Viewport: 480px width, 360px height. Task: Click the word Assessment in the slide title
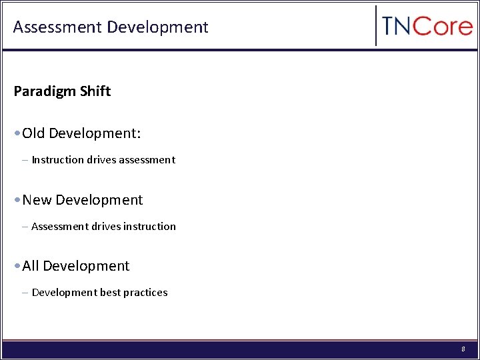pos(57,27)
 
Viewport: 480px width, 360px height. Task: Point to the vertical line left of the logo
pos(376,26)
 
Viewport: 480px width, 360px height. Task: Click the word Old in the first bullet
pos(33,133)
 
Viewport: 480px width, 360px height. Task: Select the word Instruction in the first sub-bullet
pos(58,160)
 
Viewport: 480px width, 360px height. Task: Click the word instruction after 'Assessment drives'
pos(151,227)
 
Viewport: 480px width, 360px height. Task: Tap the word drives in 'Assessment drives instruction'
pos(107,227)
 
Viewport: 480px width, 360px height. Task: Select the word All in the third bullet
pos(31,266)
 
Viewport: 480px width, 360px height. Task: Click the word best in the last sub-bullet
pos(110,293)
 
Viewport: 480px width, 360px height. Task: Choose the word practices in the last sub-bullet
pos(146,293)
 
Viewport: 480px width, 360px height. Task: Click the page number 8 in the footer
pos(463,349)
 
